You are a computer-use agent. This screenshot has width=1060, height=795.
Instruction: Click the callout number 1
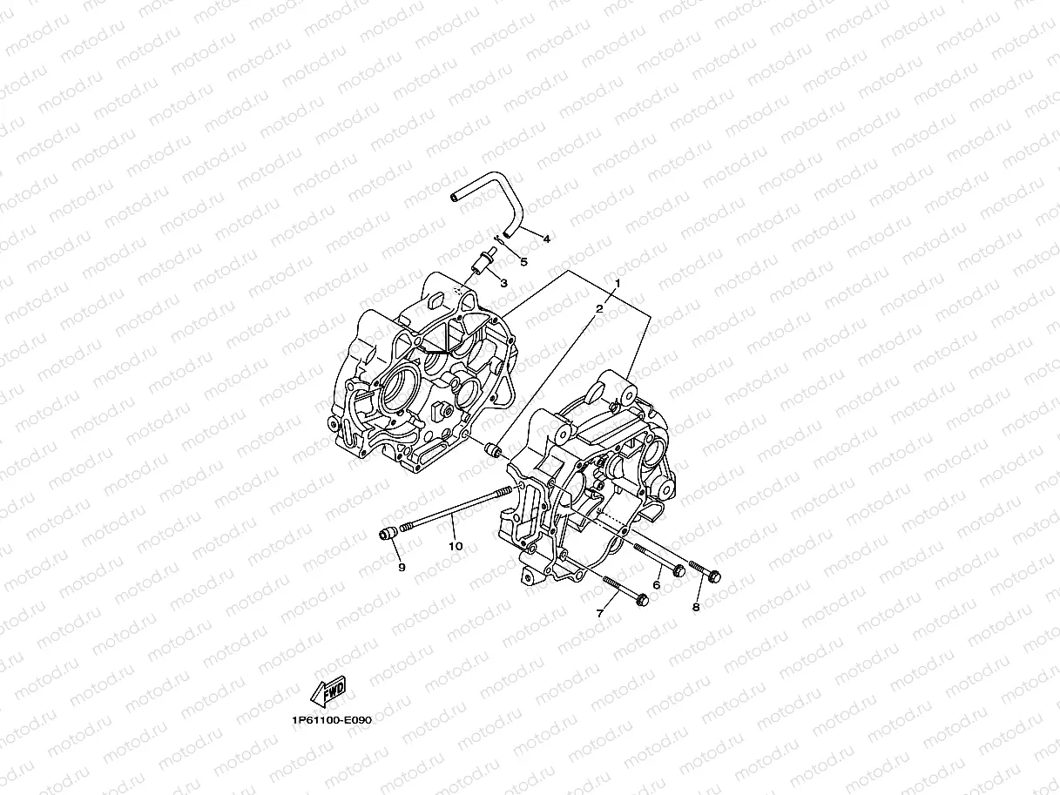[618, 284]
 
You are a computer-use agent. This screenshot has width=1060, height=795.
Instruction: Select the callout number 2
[599, 309]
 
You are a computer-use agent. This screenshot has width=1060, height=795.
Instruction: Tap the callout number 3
[503, 282]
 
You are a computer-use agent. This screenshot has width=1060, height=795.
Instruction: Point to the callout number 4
[546, 239]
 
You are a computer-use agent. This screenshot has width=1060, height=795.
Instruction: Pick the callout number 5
[523, 260]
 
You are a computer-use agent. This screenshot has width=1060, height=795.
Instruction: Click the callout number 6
[656, 585]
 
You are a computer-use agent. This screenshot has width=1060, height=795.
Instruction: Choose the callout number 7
[599, 614]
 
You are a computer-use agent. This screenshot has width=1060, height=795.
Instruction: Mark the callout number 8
[696, 607]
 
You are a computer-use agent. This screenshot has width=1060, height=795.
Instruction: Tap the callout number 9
[402, 567]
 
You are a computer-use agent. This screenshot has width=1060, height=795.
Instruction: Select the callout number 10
[455, 546]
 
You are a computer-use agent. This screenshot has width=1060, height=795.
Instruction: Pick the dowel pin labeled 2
[494, 450]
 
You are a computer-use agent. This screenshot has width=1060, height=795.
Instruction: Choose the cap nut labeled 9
[388, 533]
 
